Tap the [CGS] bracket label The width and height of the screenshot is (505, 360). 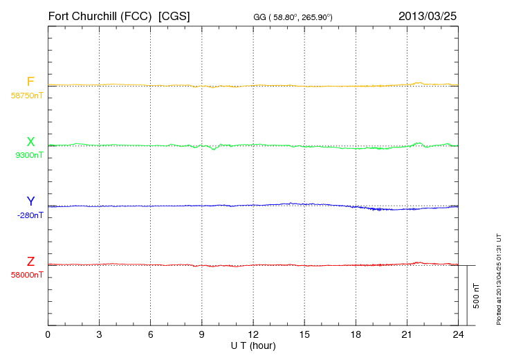click(x=174, y=15)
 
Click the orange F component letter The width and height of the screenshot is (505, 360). click(x=30, y=82)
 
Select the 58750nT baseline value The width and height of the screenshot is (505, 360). click(x=27, y=95)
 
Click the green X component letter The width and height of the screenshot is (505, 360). click(x=30, y=142)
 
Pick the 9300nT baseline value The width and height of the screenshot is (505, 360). click(x=29, y=155)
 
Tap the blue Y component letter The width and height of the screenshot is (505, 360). click(x=30, y=201)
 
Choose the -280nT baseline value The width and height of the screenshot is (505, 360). click(x=30, y=215)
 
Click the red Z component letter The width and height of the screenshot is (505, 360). click(x=30, y=262)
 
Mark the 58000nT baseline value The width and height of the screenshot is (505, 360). click(x=27, y=275)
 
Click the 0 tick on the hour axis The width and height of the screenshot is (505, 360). click(x=48, y=335)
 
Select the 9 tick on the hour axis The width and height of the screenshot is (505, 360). click(x=202, y=335)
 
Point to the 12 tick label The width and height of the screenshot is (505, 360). click(x=253, y=335)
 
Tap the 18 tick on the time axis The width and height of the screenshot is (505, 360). click(x=356, y=335)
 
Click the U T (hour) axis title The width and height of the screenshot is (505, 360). click(x=253, y=345)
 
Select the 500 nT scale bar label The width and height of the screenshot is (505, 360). click(x=477, y=295)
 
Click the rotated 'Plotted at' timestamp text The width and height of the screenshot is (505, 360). click(x=498, y=278)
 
